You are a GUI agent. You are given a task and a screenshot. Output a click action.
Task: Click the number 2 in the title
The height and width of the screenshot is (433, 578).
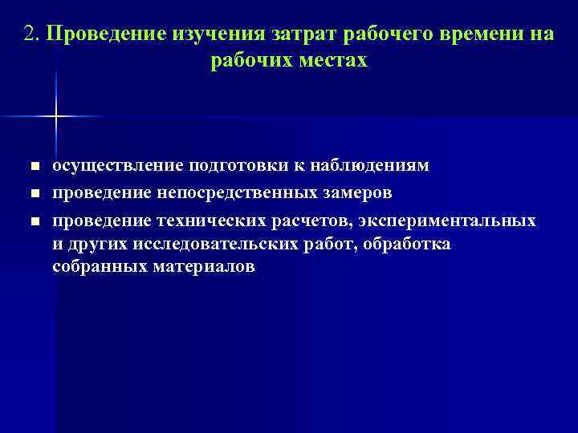(x=30, y=35)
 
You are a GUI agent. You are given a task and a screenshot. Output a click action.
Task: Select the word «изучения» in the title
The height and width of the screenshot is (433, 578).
(x=222, y=35)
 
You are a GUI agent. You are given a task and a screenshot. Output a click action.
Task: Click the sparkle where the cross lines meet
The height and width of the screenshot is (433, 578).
(x=56, y=117)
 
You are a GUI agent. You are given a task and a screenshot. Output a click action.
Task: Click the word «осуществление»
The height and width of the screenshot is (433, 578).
(x=116, y=166)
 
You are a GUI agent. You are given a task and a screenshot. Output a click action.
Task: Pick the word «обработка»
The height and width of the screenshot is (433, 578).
(x=407, y=244)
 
